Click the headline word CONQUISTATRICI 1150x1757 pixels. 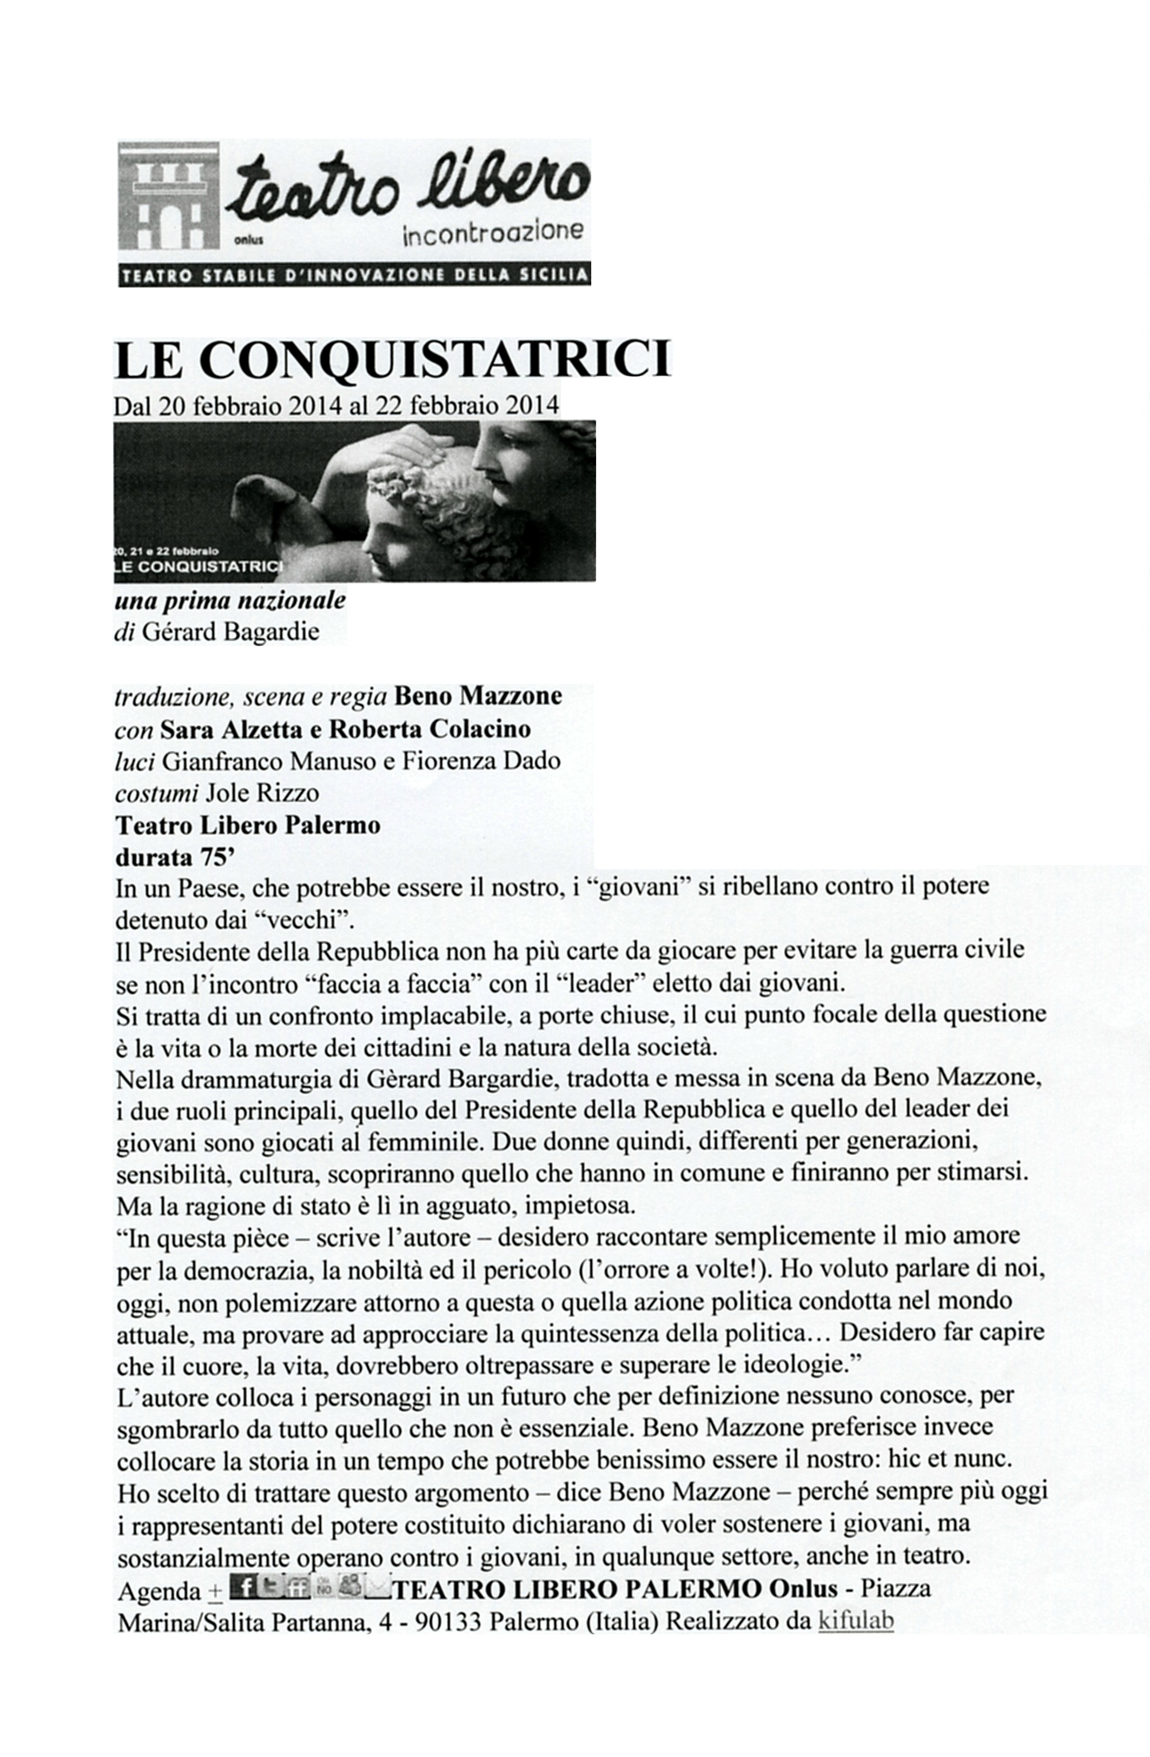pyautogui.click(x=435, y=360)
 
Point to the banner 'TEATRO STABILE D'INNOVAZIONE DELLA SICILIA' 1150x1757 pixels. pyautogui.click(x=354, y=276)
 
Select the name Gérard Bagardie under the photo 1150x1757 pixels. pyautogui.click(x=230, y=633)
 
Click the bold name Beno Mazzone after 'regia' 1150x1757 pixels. pyautogui.click(x=478, y=696)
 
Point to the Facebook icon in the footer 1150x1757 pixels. pyautogui.click(x=244, y=1585)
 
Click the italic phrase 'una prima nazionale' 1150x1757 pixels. pyautogui.click(x=230, y=600)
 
